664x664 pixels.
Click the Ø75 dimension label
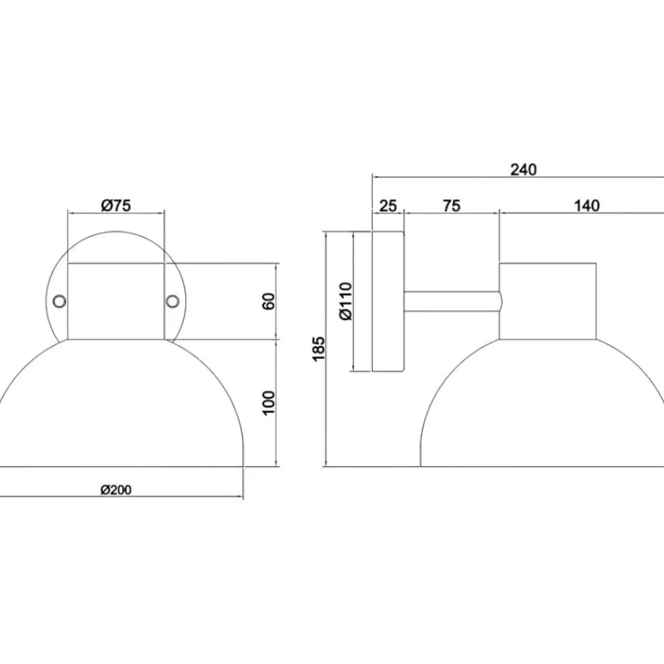pyautogui.click(x=116, y=205)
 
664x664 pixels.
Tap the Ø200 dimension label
pyautogui.click(x=116, y=490)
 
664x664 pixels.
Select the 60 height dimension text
pyautogui.click(x=268, y=301)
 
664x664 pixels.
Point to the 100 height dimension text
pyautogui.click(x=268, y=403)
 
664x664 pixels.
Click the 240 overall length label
pyautogui.click(x=523, y=169)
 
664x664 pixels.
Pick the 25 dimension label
pyautogui.click(x=388, y=206)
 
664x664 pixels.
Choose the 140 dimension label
pyautogui.click(x=587, y=206)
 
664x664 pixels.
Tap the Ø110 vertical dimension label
pyautogui.click(x=346, y=301)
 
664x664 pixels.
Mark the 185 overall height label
pyautogui.click(x=319, y=349)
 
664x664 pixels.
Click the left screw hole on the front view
pyautogui.click(x=59, y=301)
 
